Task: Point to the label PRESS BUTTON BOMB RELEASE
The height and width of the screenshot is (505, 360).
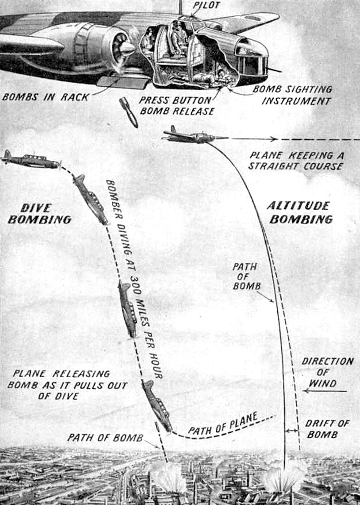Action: tap(176, 106)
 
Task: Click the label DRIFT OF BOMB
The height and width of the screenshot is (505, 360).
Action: tap(327, 429)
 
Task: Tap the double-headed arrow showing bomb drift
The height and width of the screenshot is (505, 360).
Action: tap(292, 430)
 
